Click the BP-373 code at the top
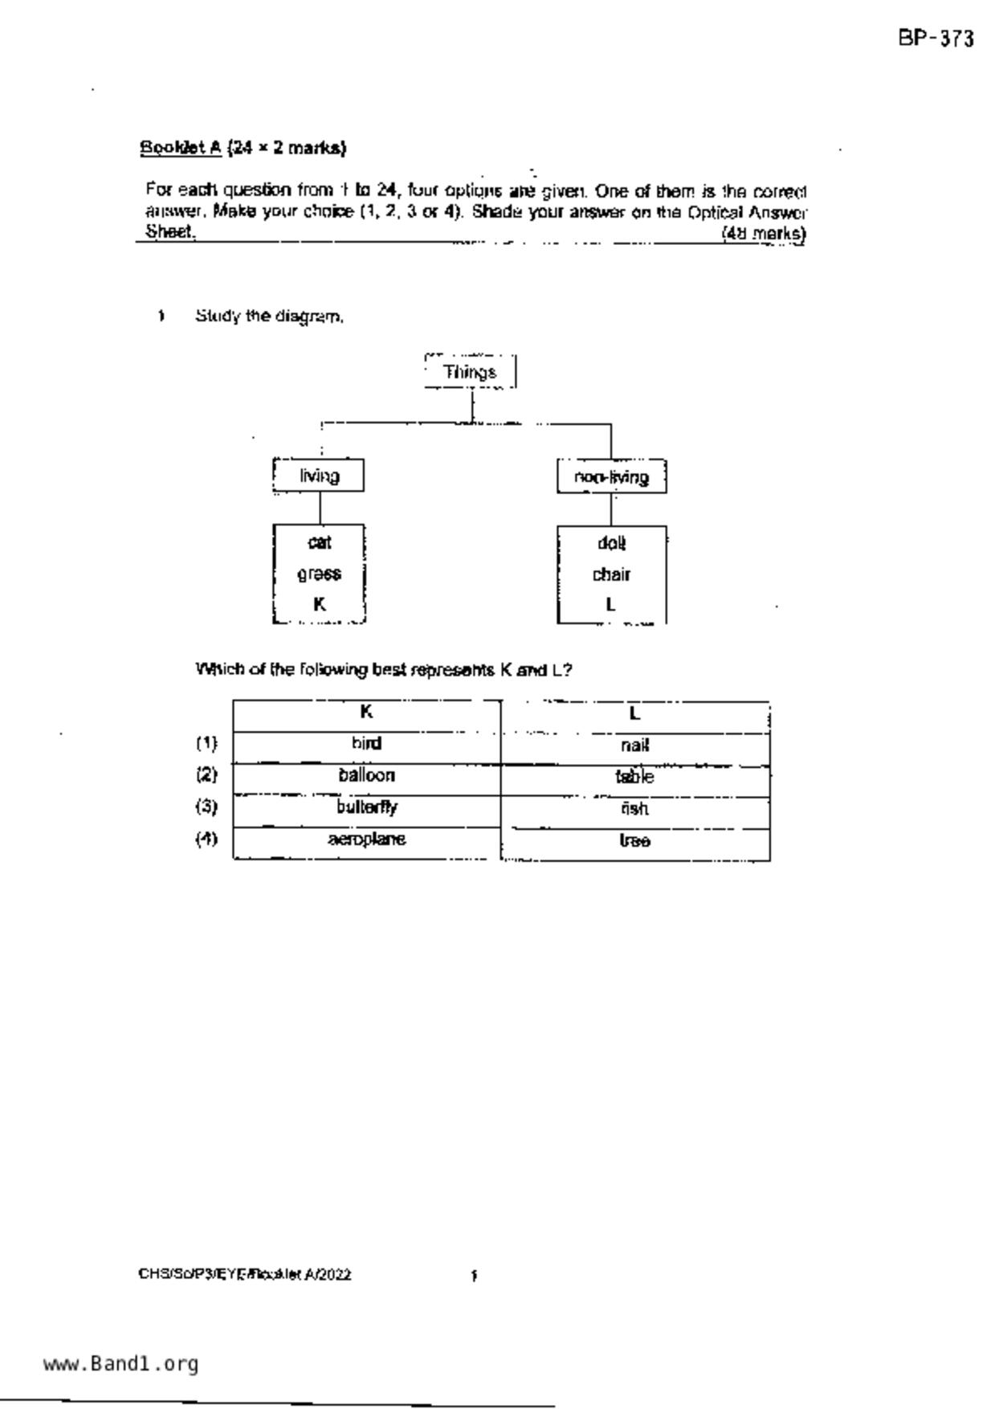tap(936, 39)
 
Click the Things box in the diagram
tap(470, 372)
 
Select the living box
tap(319, 476)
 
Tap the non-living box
tap(611, 477)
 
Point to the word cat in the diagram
tap(319, 543)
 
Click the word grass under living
tap(319, 574)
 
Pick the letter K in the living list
tap(319, 604)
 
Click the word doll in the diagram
tap(611, 544)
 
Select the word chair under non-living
tap(611, 574)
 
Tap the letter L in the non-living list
tap(611, 605)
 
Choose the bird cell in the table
tap(366, 744)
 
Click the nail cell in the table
tap(634, 745)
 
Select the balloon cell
tap(366, 776)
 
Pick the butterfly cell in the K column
tap(366, 807)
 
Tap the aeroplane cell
tap(366, 839)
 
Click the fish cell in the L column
tap(634, 809)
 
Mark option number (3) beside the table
tap(206, 807)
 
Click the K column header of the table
tap(366, 713)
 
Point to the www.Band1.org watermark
tap(120, 1364)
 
